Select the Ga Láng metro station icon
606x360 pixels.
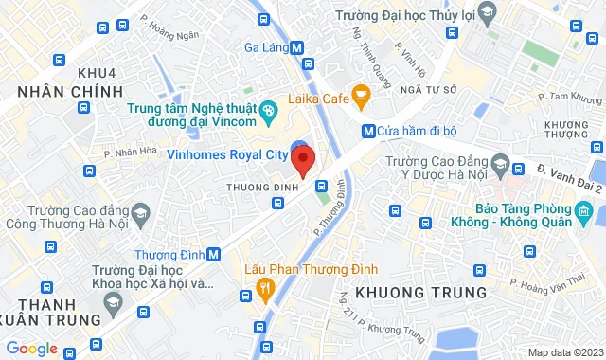[297, 47]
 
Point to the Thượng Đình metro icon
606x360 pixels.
[214, 254]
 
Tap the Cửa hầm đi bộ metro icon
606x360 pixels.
[367, 130]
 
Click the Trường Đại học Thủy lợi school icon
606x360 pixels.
[487, 12]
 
